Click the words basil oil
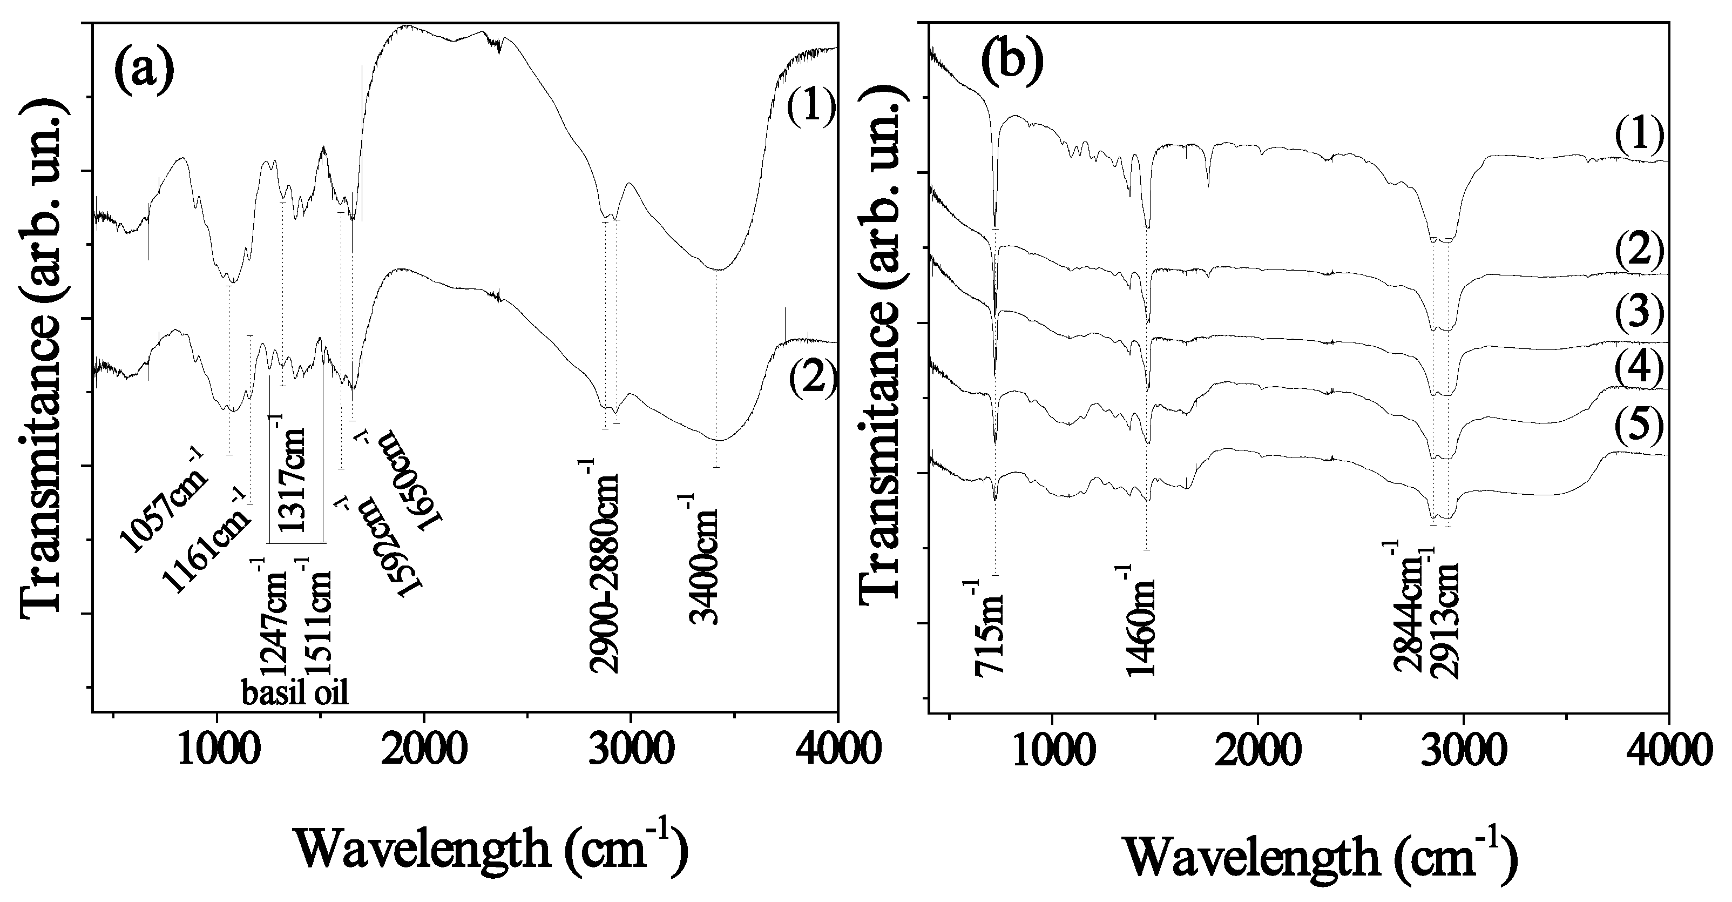[x=295, y=692]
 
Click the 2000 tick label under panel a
[x=424, y=748]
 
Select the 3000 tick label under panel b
[x=1463, y=748]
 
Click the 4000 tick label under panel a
[x=836, y=748]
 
